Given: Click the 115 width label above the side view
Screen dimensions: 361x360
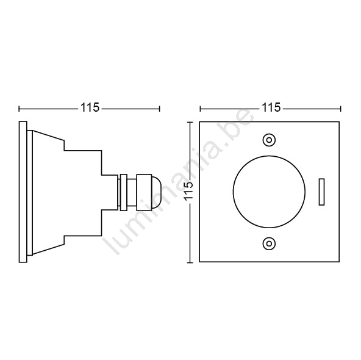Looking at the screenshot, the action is (90, 107).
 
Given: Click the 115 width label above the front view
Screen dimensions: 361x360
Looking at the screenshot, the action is (271, 107).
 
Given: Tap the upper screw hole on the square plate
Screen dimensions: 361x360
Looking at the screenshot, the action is (269, 140).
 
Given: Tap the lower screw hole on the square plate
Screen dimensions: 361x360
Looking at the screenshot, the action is (269, 243).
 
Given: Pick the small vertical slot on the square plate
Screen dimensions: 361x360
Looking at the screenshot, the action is (321, 192).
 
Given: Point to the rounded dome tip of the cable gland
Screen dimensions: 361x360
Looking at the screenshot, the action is (155, 192).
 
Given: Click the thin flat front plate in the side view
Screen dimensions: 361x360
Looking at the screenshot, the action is (23, 192).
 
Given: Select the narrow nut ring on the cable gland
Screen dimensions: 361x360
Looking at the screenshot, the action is (124, 192).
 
